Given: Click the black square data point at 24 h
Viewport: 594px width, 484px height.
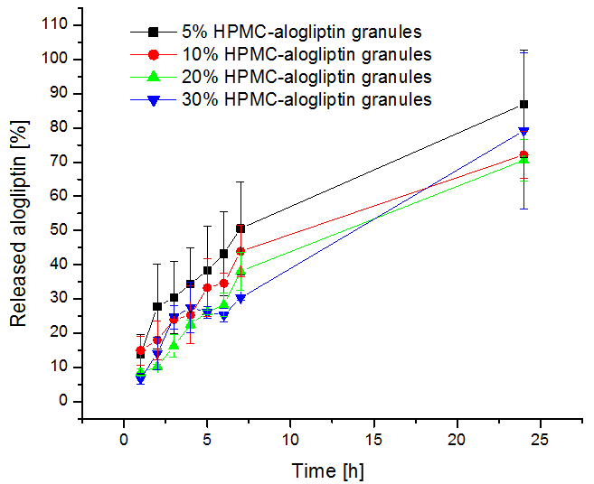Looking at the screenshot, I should pos(523,105).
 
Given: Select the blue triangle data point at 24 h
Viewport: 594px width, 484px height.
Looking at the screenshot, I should pos(523,132).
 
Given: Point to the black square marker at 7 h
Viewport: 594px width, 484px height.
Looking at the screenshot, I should pos(240,228).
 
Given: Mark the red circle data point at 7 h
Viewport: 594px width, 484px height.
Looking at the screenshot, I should pos(240,251).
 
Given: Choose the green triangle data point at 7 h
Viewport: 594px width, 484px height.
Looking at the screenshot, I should pos(240,271).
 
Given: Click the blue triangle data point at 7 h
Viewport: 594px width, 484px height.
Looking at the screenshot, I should pos(240,298).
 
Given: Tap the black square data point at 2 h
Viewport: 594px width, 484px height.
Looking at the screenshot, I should pos(157,306).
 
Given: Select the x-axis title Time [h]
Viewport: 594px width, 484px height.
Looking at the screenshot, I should pos(329,470).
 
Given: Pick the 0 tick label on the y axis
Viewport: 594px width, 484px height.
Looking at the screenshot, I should pos(63,401).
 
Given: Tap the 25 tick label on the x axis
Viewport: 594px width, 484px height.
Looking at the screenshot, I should pos(541,440).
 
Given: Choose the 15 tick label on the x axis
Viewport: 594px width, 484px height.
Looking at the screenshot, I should pos(374,440).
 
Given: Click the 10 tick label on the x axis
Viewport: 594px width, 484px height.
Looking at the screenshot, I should pos(290,440).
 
